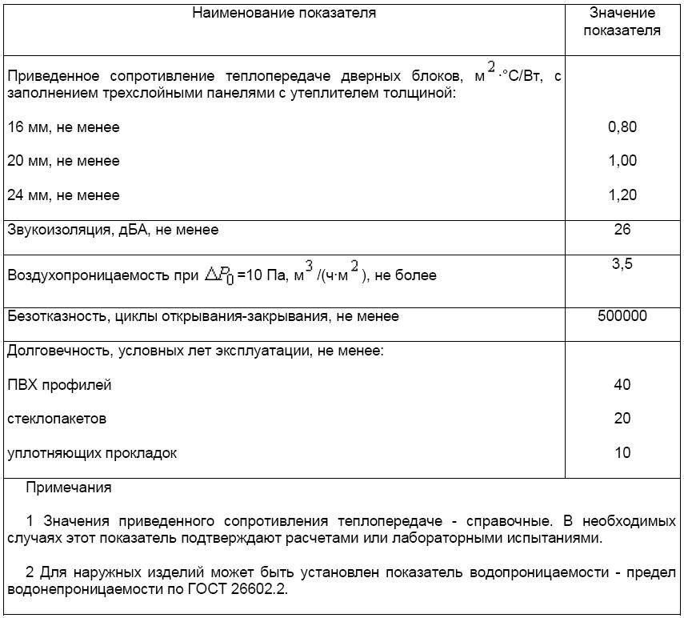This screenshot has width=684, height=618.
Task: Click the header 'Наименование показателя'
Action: [283, 13]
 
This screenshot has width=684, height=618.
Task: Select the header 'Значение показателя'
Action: [622, 22]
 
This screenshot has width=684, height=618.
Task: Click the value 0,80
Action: [622, 126]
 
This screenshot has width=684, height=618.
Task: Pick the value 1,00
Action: [622, 161]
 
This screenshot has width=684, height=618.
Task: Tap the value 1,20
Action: [622, 195]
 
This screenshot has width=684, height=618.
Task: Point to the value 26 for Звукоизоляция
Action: [622, 230]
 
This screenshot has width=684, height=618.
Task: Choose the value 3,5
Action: [622, 263]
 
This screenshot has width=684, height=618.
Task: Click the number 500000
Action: [622, 316]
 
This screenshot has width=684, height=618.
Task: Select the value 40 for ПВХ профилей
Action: [622, 385]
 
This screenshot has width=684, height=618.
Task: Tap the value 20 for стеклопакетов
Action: [622, 419]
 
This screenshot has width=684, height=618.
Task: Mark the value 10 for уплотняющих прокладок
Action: [622, 453]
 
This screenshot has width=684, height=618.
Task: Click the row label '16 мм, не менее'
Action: [63, 127]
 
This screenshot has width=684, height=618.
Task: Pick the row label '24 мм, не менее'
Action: [63, 195]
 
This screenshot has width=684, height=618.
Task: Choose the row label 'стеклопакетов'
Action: [57, 419]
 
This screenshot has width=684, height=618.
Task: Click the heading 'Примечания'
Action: [68, 488]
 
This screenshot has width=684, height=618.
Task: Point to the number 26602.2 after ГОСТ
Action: [258, 590]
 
